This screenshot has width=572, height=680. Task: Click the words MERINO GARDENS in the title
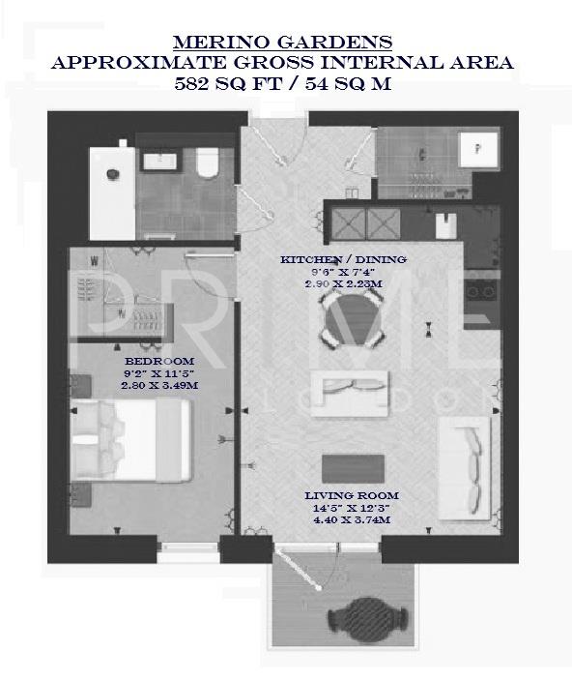coord(282,42)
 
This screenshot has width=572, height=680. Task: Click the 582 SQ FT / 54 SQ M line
coord(283,83)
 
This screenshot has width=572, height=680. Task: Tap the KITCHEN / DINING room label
coord(343,260)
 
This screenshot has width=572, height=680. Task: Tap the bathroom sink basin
coord(156,161)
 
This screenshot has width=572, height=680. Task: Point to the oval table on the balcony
coord(358,615)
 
